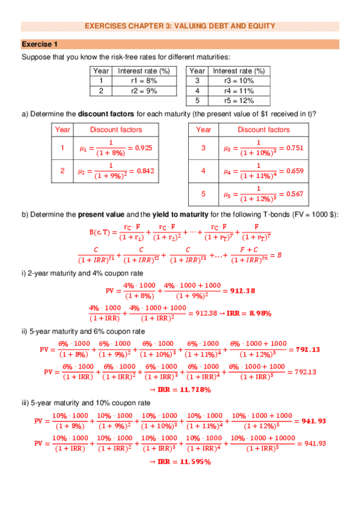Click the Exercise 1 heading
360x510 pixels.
tap(40, 45)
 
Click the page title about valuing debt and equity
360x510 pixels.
tap(180, 26)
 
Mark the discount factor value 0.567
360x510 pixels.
tap(291, 194)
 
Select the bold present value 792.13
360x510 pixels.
tap(308, 349)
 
